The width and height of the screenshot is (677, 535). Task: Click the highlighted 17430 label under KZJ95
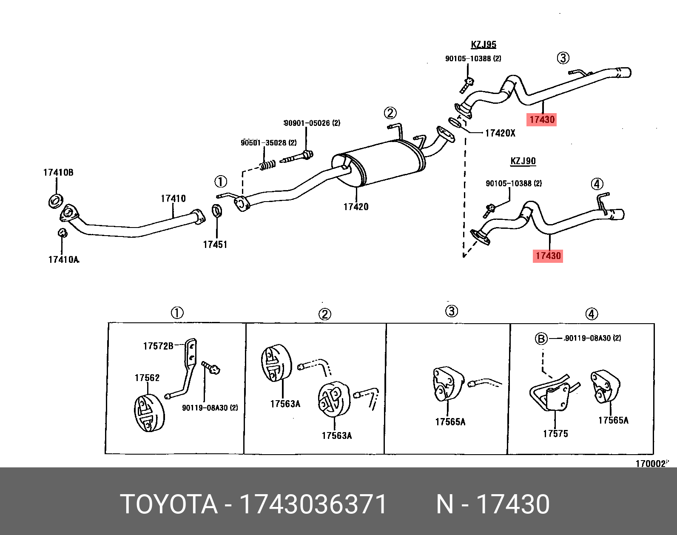tap(542, 120)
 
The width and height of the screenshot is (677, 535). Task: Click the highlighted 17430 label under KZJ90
tap(548, 256)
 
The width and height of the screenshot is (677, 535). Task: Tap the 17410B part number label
tap(58, 172)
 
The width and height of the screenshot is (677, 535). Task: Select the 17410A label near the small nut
tap(63, 259)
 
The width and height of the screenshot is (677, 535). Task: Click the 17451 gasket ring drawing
tap(216, 210)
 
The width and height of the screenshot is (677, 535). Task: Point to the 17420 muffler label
tap(356, 207)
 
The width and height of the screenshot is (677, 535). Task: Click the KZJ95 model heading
tap(484, 45)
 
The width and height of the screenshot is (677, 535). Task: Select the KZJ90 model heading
tap(523, 161)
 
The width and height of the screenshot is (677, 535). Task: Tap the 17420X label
tap(500, 133)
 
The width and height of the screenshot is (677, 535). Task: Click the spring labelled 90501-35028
tap(267, 165)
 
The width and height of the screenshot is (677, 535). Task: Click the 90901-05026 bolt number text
tap(312, 123)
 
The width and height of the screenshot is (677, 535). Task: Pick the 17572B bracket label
tap(158, 346)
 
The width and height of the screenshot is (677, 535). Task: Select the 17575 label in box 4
tap(555, 434)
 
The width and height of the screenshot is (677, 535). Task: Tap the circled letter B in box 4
tap(541, 339)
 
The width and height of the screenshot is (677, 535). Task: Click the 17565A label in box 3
tap(450, 422)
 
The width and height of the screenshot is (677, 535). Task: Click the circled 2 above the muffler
tap(390, 113)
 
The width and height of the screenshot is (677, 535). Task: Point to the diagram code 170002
tap(651, 464)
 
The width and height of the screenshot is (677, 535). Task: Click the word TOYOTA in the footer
tap(169, 504)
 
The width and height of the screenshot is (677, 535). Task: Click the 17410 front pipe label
tap(173, 199)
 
